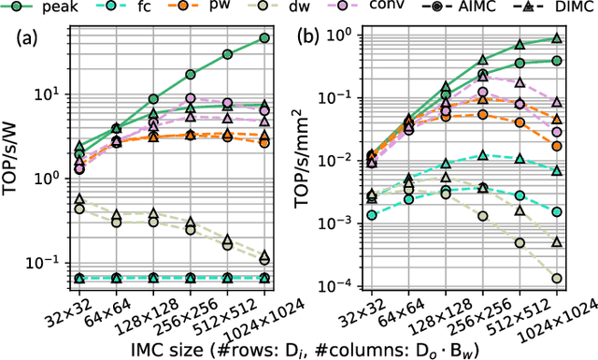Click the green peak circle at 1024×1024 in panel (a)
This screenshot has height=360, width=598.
264,37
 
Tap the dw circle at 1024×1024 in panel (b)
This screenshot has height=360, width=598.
557,278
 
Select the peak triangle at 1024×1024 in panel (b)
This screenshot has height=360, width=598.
557,38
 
